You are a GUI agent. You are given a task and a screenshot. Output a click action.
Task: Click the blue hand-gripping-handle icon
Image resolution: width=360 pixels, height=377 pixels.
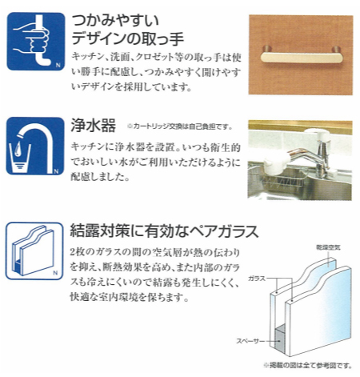pyautogui.click(x=36, y=42)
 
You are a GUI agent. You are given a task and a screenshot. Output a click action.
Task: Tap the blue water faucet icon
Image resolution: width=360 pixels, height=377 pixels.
pyautogui.click(x=35, y=146)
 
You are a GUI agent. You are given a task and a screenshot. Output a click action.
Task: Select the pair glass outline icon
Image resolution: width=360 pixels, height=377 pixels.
pyautogui.click(x=34, y=251)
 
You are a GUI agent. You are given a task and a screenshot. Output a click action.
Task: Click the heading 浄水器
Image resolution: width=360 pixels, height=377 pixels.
pyautogui.click(x=93, y=126)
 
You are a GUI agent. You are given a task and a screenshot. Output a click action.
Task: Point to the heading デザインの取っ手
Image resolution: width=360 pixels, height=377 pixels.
pyautogui.click(x=128, y=38)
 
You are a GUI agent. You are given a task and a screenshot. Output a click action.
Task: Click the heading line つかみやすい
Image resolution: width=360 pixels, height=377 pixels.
pyautogui.click(x=115, y=21)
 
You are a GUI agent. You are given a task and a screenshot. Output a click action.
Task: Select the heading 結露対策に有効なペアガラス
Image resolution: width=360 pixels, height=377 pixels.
pyautogui.click(x=164, y=231)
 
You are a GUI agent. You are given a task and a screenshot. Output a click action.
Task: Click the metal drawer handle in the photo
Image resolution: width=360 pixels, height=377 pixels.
pyautogui.click(x=302, y=57)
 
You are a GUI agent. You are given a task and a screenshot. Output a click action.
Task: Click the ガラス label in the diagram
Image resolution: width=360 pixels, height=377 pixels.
pyautogui.click(x=257, y=279)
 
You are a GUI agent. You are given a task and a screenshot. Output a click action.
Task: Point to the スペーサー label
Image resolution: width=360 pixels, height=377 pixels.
pyautogui.click(x=250, y=341)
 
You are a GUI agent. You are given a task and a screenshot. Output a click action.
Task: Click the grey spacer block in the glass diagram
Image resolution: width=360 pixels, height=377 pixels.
pyautogui.click(x=280, y=340)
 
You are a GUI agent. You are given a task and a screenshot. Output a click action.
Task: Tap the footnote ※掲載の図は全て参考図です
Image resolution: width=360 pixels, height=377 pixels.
pyautogui.click(x=308, y=365)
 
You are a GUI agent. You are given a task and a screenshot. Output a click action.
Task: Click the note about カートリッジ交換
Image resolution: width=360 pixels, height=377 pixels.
pyautogui.click(x=180, y=126)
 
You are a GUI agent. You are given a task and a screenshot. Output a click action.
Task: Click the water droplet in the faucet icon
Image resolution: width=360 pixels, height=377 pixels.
pyautogui.click(x=18, y=148)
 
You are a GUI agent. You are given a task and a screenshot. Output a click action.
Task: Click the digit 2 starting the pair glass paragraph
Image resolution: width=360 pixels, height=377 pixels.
pyautogui.click(x=73, y=252)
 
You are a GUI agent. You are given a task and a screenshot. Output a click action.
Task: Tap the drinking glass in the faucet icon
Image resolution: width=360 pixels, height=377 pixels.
pyautogui.click(x=20, y=157)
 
